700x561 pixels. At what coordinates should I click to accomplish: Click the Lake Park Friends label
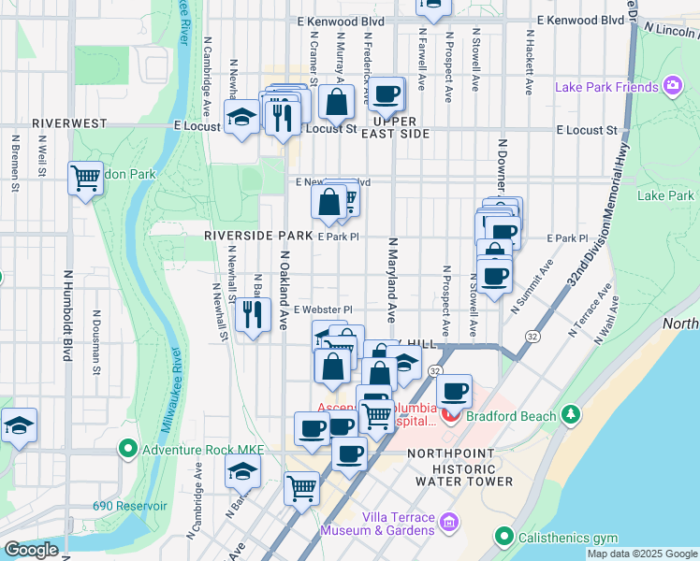point(605,87)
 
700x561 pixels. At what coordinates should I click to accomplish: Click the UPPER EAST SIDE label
point(400,128)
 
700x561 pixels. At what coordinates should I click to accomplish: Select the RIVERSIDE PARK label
point(258,236)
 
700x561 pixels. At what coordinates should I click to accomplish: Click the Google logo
point(31,550)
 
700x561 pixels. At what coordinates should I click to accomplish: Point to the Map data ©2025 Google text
point(641,554)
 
